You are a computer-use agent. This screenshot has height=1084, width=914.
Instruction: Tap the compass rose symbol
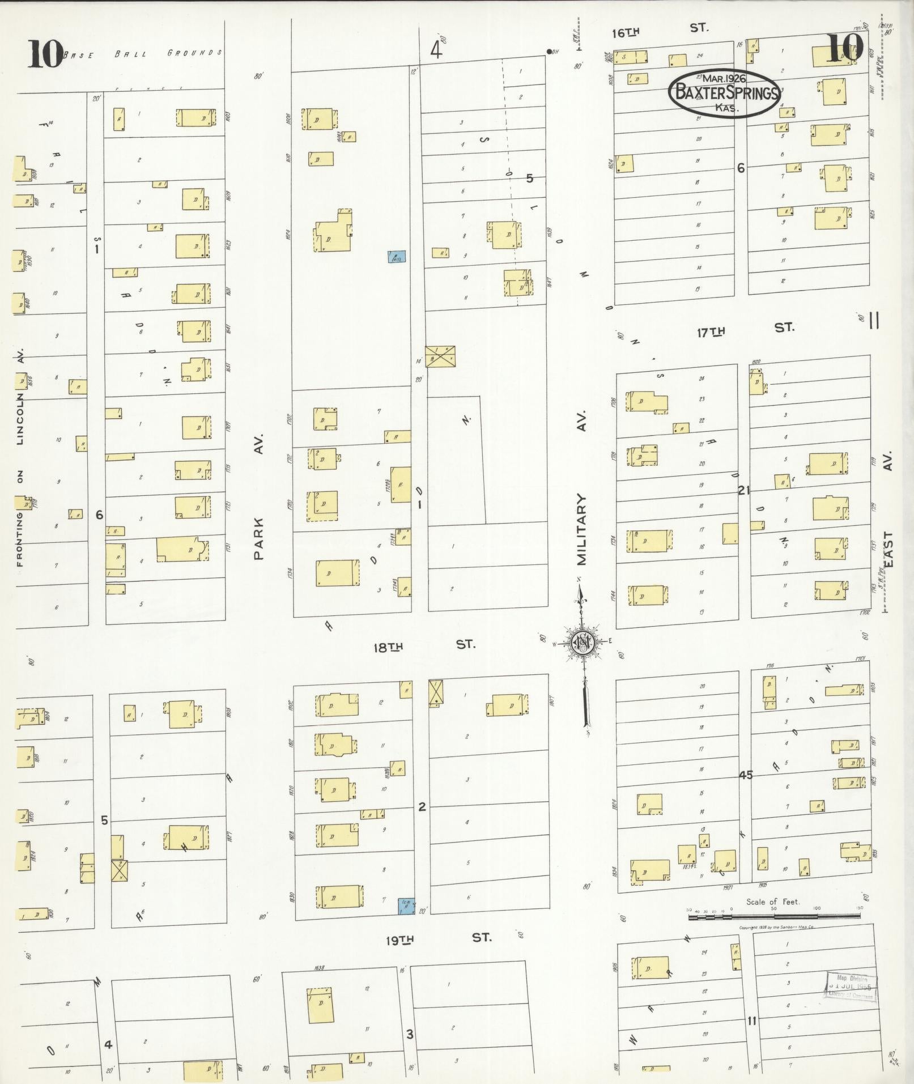[583, 641]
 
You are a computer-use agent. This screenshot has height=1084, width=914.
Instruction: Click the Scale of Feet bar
[774, 916]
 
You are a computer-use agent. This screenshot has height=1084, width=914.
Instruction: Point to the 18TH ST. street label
[424, 645]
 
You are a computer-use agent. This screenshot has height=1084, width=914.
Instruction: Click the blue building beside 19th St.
[406, 906]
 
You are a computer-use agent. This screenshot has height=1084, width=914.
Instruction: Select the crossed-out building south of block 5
[440, 356]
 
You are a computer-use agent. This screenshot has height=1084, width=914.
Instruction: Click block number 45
[746, 775]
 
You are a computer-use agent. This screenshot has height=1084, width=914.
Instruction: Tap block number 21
[743, 491]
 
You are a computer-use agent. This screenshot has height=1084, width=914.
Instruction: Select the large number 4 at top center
[435, 51]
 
